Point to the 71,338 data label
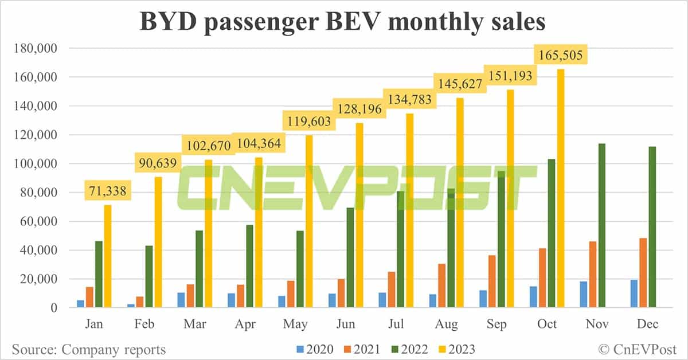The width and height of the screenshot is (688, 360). (x=108, y=189)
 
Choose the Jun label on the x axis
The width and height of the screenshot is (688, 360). (x=346, y=324)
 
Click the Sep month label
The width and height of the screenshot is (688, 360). (x=496, y=324)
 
